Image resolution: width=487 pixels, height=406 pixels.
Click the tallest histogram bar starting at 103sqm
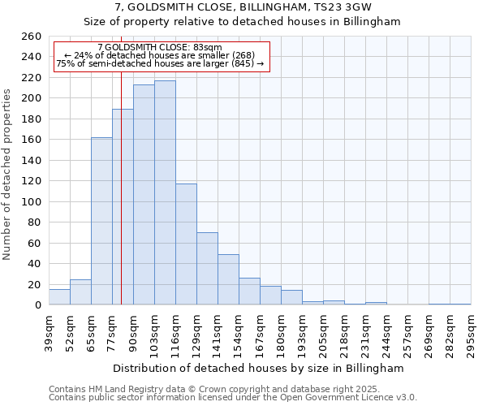[x=165, y=192]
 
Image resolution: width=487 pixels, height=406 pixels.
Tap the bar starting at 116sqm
[x=186, y=244]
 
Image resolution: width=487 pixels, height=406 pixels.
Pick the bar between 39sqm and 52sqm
[x=59, y=296]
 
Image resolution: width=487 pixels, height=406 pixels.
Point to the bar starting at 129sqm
[x=207, y=268]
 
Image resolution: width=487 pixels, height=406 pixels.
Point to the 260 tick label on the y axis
[x=32, y=37]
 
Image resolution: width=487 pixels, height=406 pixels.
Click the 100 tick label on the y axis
[x=32, y=201]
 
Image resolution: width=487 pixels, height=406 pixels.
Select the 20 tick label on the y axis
[x=35, y=284]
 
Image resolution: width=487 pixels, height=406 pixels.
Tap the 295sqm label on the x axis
[x=472, y=332]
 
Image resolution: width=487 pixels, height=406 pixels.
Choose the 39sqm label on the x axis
[x=50, y=332]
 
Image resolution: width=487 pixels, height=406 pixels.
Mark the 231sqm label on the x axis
[x=366, y=332]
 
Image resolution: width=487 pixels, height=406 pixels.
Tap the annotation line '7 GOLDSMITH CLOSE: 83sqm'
[x=159, y=48]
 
